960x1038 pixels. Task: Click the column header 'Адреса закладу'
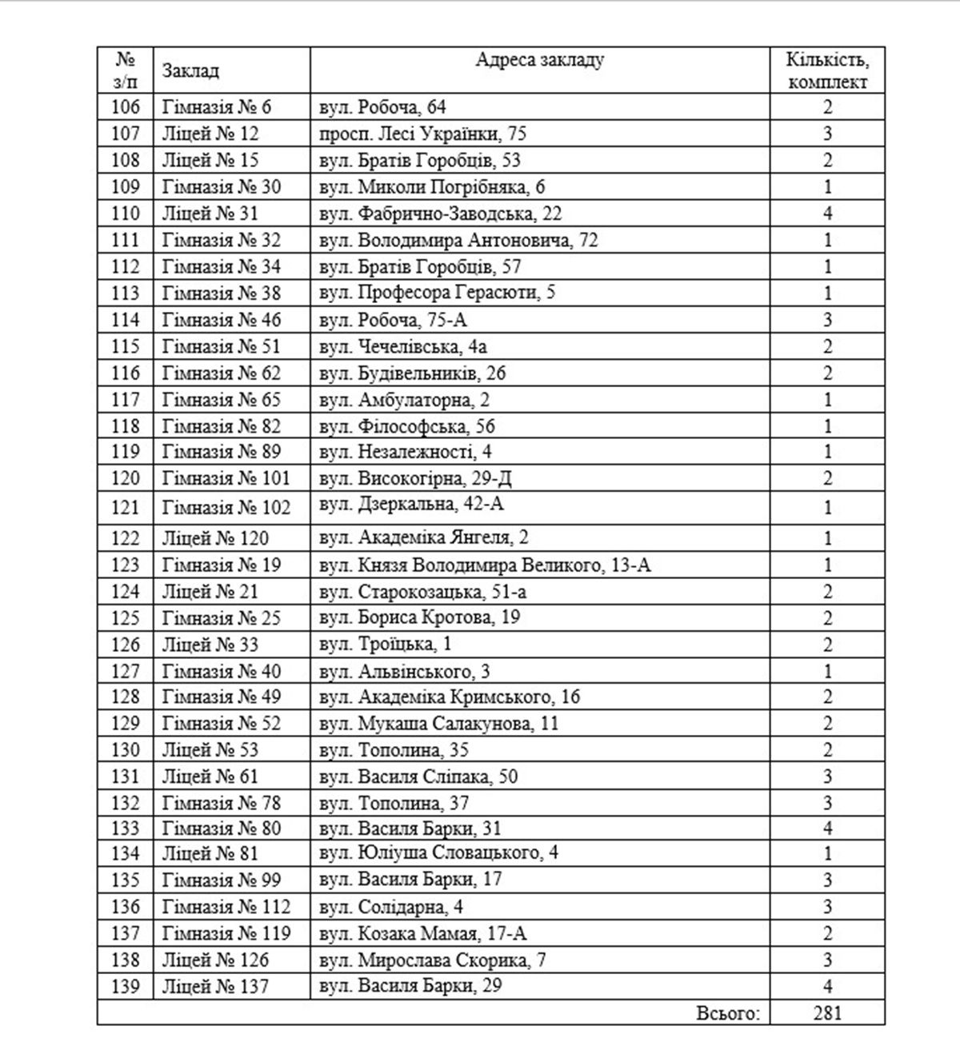coord(540,60)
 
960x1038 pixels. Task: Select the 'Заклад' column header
coord(190,71)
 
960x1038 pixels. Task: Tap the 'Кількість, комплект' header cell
coord(827,71)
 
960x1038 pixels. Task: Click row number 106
coord(126,107)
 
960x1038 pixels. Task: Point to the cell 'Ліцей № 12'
coord(210,134)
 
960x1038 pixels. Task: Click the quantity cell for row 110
coord(827,214)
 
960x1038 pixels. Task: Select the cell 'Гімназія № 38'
coord(222,293)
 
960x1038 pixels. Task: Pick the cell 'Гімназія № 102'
coord(226,508)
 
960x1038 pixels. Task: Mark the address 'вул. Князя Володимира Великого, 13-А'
coord(485,565)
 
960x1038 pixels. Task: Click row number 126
coord(126,645)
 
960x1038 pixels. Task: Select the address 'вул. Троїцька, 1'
coord(385,644)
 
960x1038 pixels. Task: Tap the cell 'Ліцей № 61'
coord(210,777)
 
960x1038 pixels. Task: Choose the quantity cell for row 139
coord(827,986)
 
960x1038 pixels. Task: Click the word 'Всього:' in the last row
coord(727,1013)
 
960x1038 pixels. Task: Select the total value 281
coord(827,1013)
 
